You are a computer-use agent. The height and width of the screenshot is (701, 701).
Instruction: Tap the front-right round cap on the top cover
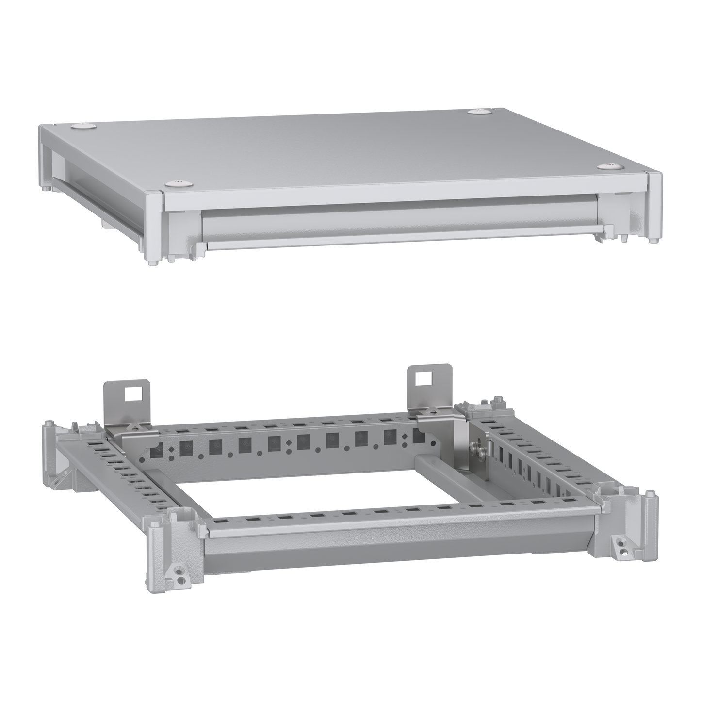pyautogui.click(x=608, y=166)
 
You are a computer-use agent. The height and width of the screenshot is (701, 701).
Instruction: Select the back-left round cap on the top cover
pyautogui.click(x=83, y=126)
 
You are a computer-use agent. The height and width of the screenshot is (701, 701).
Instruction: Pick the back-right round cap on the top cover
pyautogui.click(x=480, y=112)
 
